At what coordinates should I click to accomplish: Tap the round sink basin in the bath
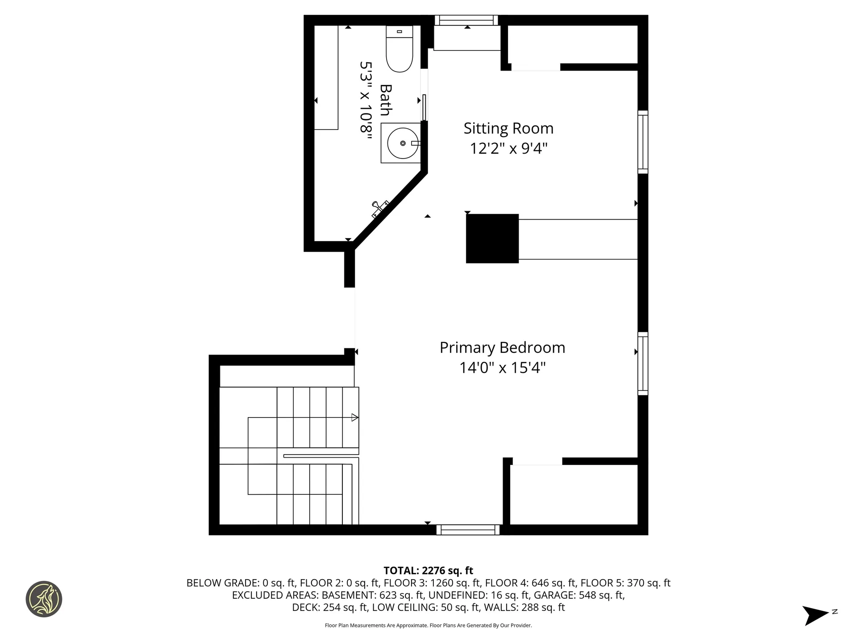pyautogui.click(x=403, y=143)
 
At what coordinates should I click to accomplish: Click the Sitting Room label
pyautogui.click(x=508, y=129)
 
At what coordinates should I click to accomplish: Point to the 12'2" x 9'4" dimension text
pyautogui.click(x=508, y=148)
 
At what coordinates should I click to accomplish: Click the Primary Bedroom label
pyautogui.click(x=502, y=348)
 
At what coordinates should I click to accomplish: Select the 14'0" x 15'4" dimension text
pyautogui.click(x=503, y=368)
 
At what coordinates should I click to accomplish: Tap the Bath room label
pyautogui.click(x=386, y=100)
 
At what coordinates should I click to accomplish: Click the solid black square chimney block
pyautogui.click(x=492, y=238)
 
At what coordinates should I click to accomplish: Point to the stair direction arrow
pyautogui.click(x=354, y=418)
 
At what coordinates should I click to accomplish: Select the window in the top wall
pyautogui.click(x=466, y=20)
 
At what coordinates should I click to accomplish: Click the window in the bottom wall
pyautogui.click(x=468, y=530)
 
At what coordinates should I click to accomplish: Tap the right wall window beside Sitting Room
pyautogui.click(x=643, y=142)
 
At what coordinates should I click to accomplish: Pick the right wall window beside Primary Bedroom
pyautogui.click(x=643, y=363)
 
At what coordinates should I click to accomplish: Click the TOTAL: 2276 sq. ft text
pyautogui.click(x=428, y=571)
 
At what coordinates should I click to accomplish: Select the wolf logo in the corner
pyautogui.click(x=44, y=599)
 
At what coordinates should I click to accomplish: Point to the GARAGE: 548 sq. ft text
pyautogui.click(x=579, y=595)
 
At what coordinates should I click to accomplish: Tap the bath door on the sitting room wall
pyautogui.click(x=424, y=107)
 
